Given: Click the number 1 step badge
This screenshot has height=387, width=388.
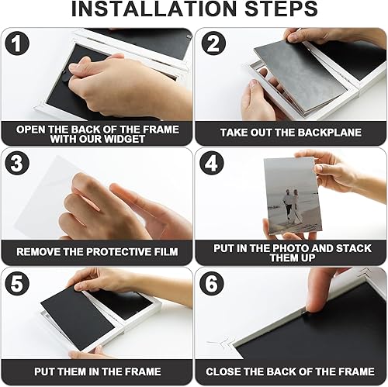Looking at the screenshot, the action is (17, 43).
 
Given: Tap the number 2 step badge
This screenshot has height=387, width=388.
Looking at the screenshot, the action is (213, 43).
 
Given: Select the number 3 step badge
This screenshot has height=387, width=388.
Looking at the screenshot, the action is (17, 163).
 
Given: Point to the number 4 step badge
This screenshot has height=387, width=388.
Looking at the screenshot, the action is (212, 163).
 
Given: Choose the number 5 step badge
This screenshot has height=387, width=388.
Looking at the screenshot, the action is (17, 283).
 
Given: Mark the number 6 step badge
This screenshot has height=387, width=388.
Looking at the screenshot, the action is (212, 283).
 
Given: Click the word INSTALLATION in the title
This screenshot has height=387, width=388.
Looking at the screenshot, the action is (154, 9).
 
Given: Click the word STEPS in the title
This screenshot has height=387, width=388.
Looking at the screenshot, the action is (281, 9).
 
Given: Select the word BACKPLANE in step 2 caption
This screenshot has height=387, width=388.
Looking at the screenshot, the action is (330, 133).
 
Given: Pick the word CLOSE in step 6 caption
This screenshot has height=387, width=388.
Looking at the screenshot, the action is (223, 371).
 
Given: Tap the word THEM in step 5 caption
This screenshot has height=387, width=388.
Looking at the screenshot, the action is (72, 371).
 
